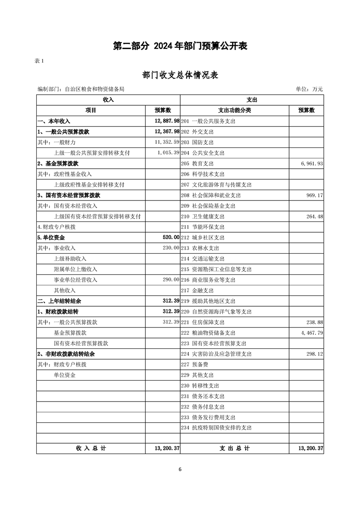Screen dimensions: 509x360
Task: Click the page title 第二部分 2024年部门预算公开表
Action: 180,46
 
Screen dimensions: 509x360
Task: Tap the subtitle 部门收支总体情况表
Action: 180,75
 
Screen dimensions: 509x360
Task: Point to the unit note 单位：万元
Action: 309,89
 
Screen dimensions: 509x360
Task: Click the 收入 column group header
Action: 108,100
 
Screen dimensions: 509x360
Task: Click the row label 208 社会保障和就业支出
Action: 211,195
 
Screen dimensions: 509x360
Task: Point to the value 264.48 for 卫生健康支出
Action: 314,216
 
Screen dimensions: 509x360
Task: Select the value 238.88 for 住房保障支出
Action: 314,322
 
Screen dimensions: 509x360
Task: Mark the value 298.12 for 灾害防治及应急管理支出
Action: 314,354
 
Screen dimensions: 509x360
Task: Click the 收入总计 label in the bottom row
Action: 91,448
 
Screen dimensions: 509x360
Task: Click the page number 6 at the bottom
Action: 180,469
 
